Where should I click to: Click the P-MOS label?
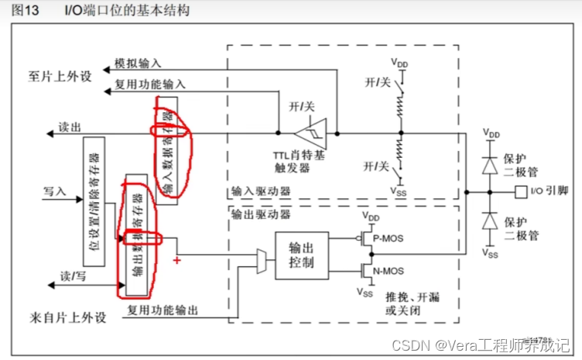388,238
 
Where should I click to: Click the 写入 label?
56,189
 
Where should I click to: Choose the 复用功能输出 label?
165,310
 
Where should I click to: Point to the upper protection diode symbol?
489,164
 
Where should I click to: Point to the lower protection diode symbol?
489,221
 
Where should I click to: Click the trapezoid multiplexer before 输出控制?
262,263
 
